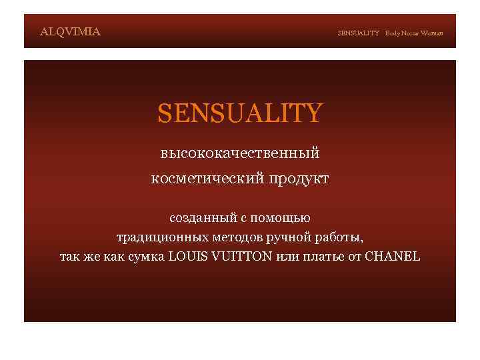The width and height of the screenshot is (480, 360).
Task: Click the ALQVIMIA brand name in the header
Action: click(x=70, y=31)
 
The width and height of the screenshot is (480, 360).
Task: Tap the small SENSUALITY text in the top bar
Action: click(x=358, y=33)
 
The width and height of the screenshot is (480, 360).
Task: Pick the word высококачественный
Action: click(x=240, y=153)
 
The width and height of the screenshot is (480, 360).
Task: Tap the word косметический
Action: click(x=209, y=179)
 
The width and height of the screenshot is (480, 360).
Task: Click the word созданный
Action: click(x=198, y=218)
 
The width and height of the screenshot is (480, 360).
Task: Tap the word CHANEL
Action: click(x=393, y=256)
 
